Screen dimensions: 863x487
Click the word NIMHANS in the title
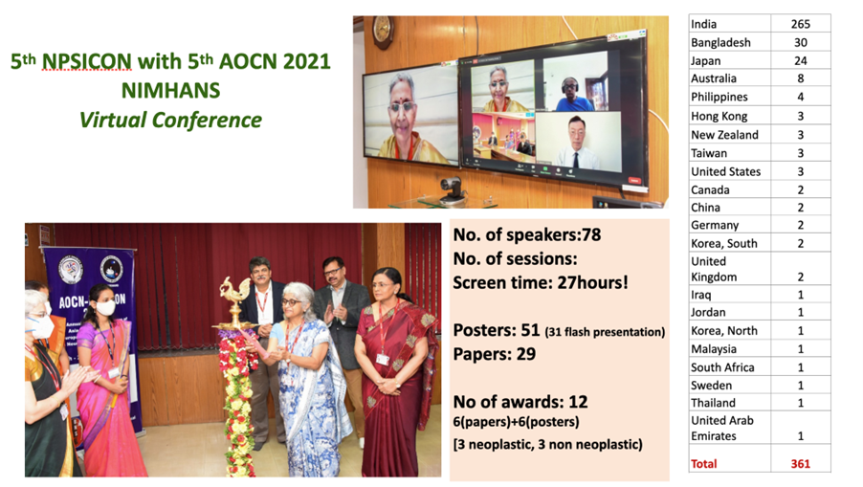170,91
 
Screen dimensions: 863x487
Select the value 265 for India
800,24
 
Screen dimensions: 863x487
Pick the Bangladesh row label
720,42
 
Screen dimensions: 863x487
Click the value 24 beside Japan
800,60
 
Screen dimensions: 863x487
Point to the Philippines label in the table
719,97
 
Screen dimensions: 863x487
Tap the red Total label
704,464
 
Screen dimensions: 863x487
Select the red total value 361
800,464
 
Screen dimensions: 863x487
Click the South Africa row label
722,367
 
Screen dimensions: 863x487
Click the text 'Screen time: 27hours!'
540,283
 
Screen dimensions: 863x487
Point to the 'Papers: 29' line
495,354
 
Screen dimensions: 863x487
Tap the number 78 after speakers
591,235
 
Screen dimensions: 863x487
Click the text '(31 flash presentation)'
605,332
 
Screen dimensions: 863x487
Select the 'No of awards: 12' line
520,402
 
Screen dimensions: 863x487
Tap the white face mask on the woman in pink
105,307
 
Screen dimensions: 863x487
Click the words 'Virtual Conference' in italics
170,120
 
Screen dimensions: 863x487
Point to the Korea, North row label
723,331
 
